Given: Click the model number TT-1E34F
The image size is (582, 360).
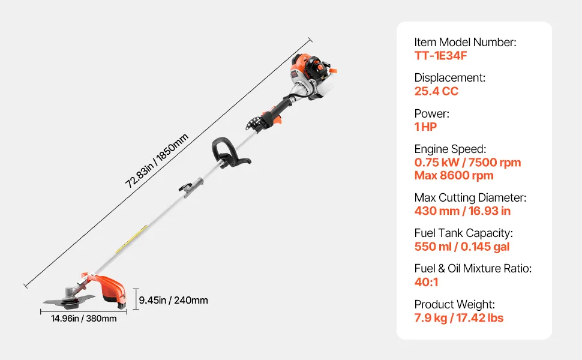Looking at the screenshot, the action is pos(440,56).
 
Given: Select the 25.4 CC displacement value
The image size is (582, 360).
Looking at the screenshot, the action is pos(437,91).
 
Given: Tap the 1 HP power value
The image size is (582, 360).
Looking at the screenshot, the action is pos(426,127).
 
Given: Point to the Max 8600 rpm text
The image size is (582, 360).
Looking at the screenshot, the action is pos(454,176).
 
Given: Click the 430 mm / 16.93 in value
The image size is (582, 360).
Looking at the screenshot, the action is pos(463,211).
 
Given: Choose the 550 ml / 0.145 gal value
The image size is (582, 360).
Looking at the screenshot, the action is pos(462,247).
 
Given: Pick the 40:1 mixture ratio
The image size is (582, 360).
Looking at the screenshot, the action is pos(426,283).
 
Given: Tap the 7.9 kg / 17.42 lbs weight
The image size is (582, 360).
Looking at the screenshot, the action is pos(459,318).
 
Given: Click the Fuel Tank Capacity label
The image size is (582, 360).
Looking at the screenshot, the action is pos(464,233).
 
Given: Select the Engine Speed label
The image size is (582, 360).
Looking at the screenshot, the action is pos(450,149).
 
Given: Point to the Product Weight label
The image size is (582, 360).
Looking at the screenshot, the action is pos(455,304).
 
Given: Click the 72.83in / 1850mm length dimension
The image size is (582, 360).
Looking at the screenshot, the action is pos(157,161).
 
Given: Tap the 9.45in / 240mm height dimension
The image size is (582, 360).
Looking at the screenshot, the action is pos(173,300).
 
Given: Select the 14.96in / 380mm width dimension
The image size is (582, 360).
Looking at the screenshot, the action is pos(84,319).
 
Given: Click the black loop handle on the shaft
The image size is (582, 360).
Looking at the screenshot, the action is pos(228,152).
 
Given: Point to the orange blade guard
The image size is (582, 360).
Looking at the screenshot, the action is pos(107,287).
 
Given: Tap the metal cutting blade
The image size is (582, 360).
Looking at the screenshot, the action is pos(69,301).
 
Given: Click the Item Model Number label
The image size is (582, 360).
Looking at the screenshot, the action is pos(465,43).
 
